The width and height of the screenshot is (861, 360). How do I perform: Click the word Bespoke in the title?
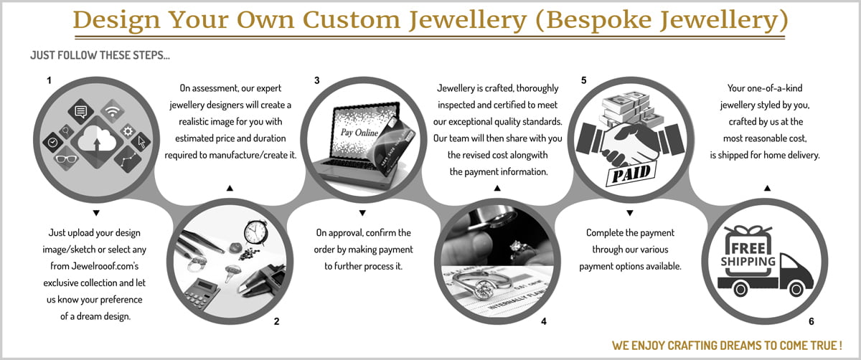(x=598, y=20)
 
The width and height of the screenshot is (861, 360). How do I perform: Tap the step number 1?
(x=49, y=80)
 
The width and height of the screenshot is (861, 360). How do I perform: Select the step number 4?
(x=544, y=321)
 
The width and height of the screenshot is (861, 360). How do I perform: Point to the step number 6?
(x=811, y=321)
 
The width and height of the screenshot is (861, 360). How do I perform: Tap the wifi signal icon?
(x=113, y=111)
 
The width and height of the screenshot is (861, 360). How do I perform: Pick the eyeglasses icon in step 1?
(x=66, y=158)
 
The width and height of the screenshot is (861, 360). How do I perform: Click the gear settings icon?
(x=128, y=131)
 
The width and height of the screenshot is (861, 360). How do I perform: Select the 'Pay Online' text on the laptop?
(x=359, y=133)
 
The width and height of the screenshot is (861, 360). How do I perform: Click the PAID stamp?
(x=631, y=174)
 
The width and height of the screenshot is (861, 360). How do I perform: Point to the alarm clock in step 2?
(x=255, y=232)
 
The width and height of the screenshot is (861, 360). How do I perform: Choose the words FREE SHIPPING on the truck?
(x=748, y=255)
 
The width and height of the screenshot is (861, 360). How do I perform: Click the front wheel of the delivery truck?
(x=796, y=288)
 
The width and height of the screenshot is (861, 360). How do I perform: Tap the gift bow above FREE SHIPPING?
(x=748, y=229)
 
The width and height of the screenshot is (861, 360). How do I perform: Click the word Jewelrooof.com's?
(x=94, y=266)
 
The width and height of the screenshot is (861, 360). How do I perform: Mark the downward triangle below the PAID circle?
(x=630, y=213)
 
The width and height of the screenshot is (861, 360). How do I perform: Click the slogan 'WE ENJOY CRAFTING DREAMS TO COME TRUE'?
(x=727, y=345)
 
